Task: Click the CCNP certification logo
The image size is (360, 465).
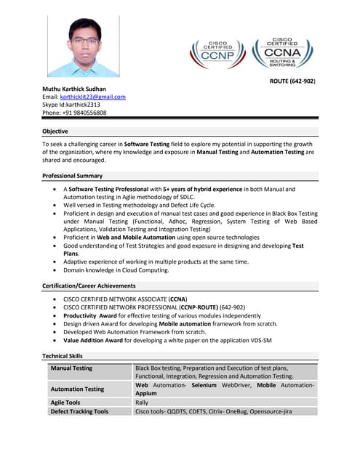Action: [x=217, y=53]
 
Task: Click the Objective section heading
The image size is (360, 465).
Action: [x=55, y=132]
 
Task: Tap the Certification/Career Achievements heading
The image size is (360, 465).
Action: [x=89, y=286]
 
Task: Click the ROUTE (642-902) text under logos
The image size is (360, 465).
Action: [x=292, y=81]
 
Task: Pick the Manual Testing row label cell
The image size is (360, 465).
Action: [x=71, y=368]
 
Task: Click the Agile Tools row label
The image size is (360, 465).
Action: [x=65, y=402]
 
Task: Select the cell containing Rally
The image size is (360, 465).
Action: [x=143, y=402]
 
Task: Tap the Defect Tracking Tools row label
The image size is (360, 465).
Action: [x=79, y=411]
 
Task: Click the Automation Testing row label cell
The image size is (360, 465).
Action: [x=77, y=389]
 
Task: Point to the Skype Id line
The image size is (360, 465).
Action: [x=71, y=105]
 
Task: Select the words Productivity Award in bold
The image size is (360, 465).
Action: [x=90, y=316]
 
